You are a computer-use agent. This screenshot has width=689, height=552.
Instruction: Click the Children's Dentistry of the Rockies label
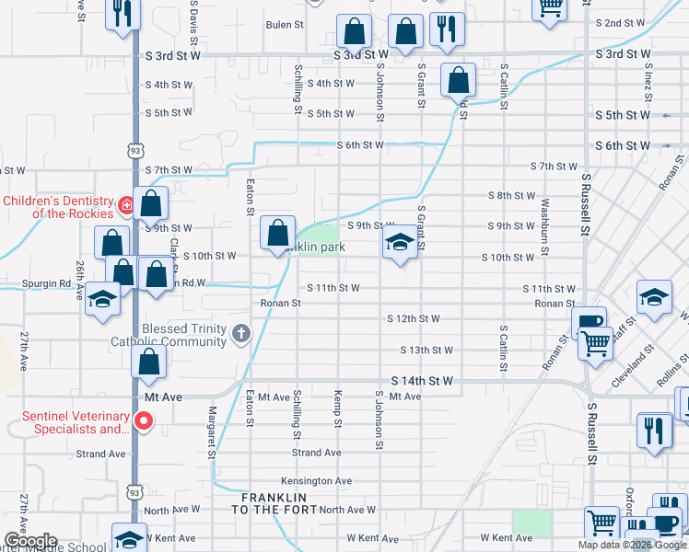click(x=55, y=207)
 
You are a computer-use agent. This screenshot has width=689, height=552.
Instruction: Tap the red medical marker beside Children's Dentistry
click(x=126, y=201)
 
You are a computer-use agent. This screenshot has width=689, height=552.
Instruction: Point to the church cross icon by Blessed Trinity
click(x=241, y=333)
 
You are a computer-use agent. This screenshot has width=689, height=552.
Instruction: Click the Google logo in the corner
click(x=29, y=541)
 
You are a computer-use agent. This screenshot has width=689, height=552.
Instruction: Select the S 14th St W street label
click(x=422, y=380)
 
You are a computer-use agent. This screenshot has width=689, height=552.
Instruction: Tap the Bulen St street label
click(x=284, y=25)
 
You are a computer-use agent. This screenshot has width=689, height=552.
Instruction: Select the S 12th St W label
click(x=413, y=319)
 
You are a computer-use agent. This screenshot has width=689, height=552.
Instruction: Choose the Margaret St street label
click(x=212, y=431)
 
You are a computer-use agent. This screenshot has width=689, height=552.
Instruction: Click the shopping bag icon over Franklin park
click(x=278, y=234)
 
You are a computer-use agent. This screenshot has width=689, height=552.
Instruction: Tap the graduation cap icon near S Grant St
click(x=399, y=243)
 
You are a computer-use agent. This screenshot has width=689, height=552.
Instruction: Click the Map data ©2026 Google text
click(x=633, y=545)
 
